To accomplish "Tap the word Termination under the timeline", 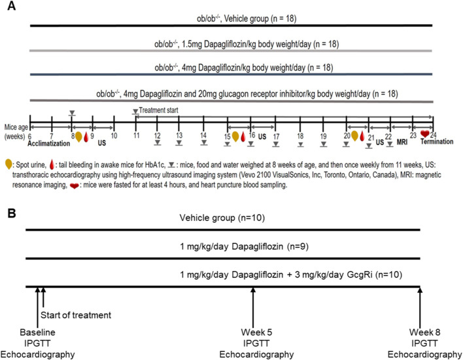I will click(x=437, y=142).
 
